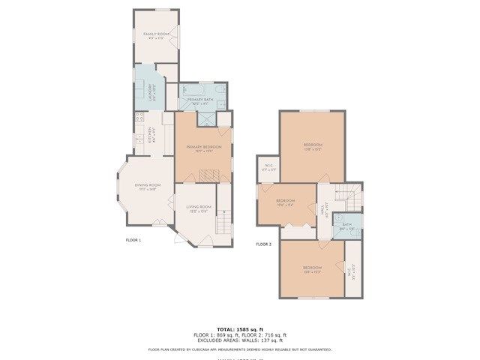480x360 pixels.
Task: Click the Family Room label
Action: click(x=156, y=35)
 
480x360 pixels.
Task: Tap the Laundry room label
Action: click(x=151, y=92)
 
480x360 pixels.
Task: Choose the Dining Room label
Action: click(x=148, y=187)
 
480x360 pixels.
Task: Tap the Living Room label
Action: click(x=199, y=208)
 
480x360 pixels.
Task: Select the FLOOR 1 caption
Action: click(x=133, y=240)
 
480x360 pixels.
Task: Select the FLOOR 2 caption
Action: click(x=263, y=244)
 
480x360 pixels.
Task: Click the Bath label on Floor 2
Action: click(x=346, y=226)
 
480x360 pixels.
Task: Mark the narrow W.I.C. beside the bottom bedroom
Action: click(x=351, y=272)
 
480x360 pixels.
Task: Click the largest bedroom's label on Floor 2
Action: click(x=313, y=146)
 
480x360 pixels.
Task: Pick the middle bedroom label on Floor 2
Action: click(x=285, y=202)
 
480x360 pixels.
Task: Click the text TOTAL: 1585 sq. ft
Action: click(x=240, y=329)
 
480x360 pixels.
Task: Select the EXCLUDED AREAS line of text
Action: click(x=240, y=340)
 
